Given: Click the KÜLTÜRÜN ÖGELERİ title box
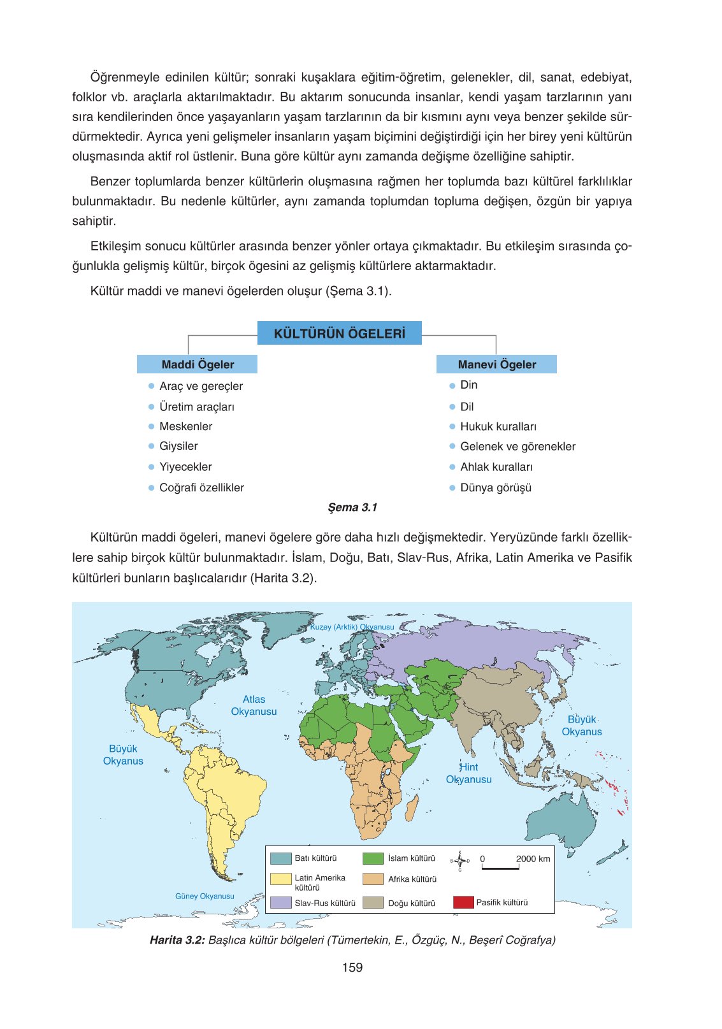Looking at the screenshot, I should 339,333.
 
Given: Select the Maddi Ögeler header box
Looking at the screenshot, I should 197,364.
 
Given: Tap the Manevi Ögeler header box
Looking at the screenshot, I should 496,364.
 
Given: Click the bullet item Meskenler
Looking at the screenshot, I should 185,426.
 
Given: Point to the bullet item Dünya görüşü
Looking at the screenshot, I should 495,487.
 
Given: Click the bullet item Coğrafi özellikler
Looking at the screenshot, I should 201,487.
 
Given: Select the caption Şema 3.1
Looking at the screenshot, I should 352,507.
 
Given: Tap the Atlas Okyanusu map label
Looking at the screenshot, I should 254,705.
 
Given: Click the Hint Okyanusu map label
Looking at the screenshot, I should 469,773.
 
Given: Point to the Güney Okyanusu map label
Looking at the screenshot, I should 205,896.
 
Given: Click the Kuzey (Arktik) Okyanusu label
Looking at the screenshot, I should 352,627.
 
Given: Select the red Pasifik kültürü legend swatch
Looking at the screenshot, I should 463,902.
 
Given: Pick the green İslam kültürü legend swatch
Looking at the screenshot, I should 373,858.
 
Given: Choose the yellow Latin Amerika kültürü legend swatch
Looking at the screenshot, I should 280,879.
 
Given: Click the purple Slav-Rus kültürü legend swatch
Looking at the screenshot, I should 280,903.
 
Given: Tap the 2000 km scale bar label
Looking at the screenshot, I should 533,859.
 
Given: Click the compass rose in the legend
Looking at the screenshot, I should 459,860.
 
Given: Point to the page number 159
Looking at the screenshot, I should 352,967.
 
